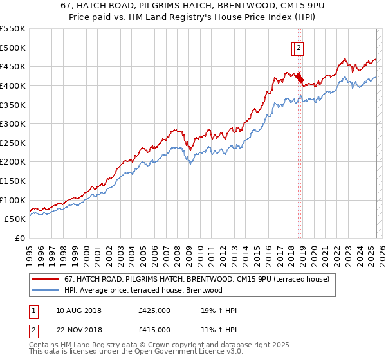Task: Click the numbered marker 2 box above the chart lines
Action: [299, 46]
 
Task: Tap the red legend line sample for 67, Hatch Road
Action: [46, 279]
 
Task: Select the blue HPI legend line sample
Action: [46, 290]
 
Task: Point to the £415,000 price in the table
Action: [154, 330]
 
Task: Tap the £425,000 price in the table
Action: [154, 310]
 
